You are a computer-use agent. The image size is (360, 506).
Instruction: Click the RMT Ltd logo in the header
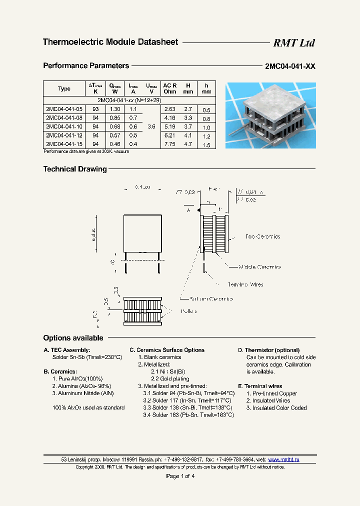click(x=293, y=43)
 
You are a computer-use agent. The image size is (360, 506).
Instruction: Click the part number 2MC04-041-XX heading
click(x=290, y=66)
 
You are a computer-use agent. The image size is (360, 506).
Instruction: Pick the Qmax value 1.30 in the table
click(x=114, y=109)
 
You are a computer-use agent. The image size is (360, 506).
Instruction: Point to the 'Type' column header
click(x=64, y=89)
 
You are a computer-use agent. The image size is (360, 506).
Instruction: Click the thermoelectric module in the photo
click(x=270, y=115)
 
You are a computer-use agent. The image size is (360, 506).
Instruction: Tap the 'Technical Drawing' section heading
click(x=75, y=169)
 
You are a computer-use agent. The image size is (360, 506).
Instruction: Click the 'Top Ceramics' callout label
click(x=262, y=236)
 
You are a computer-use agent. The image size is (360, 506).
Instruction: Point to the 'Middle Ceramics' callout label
click(x=259, y=267)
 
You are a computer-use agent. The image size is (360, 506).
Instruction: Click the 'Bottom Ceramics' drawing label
click(x=214, y=299)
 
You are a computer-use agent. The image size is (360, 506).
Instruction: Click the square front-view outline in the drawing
click(x=142, y=233)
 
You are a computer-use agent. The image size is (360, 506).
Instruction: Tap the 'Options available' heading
click(x=73, y=338)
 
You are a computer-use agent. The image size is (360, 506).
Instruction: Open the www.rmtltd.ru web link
click(x=283, y=459)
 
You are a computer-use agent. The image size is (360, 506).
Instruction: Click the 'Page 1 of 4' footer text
click(x=180, y=476)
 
